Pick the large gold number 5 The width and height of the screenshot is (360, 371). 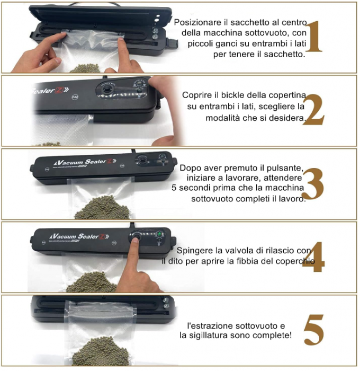point(313,330)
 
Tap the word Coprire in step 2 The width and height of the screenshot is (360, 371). point(196,95)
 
